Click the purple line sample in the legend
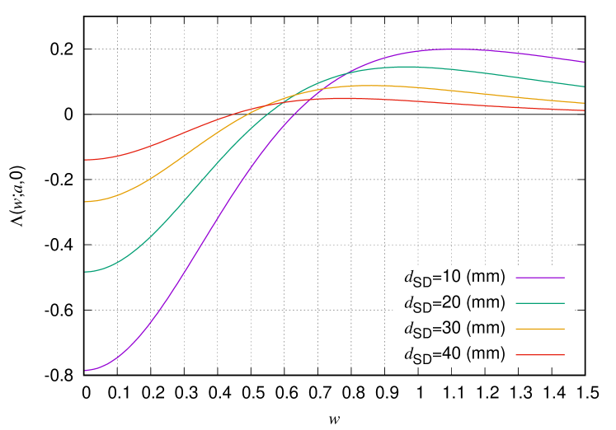tap(540, 278)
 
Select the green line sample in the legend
tap(540, 303)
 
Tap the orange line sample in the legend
tap(540, 329)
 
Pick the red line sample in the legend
tap(540, 355)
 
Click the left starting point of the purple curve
tap(85, 371)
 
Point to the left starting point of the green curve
tap(85, 272)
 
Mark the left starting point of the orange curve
tap(85, 202)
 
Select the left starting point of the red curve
tap(85, 160)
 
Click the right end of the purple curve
tap(584, 62)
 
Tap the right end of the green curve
tap(584, 86)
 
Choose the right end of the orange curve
tap(584, 103)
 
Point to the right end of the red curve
tap(584, 110)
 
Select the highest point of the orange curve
tap(363, 86)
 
